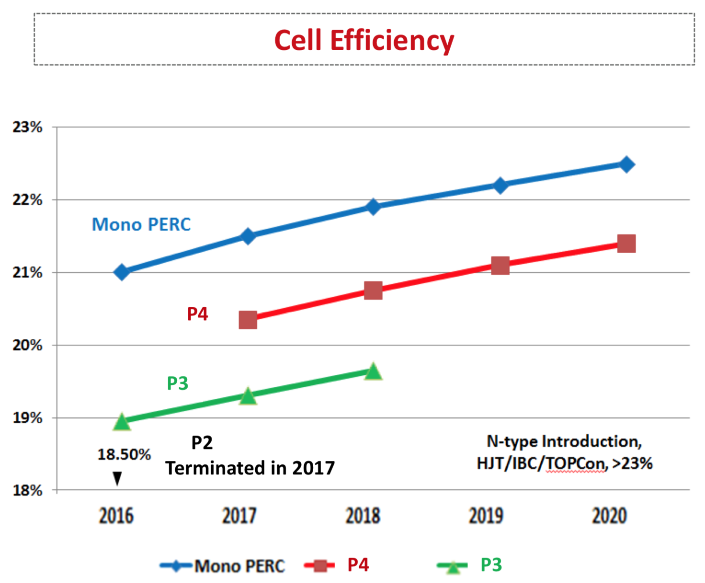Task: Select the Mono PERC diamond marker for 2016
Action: tap(122, 272)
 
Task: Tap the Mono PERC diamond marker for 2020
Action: tap(626, 165)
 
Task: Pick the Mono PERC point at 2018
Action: tap(373, 207)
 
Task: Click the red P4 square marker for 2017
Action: tap(248, 320)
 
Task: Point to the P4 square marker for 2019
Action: tap(500, 266)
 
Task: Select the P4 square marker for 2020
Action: tap(626, 244)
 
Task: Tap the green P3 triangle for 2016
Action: tap(122, 422)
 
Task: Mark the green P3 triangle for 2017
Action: tap(248, 396)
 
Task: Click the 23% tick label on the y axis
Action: tap(27, 127)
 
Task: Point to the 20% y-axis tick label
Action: tap(27, 345)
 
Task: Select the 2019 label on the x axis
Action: tap(486, 516)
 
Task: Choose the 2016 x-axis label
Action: tap(116, 516)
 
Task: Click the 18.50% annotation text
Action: tap(124, 454)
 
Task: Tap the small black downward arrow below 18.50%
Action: tap(117, 478)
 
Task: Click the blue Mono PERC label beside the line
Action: tap(141, 224)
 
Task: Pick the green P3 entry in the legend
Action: tap(491, 565)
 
